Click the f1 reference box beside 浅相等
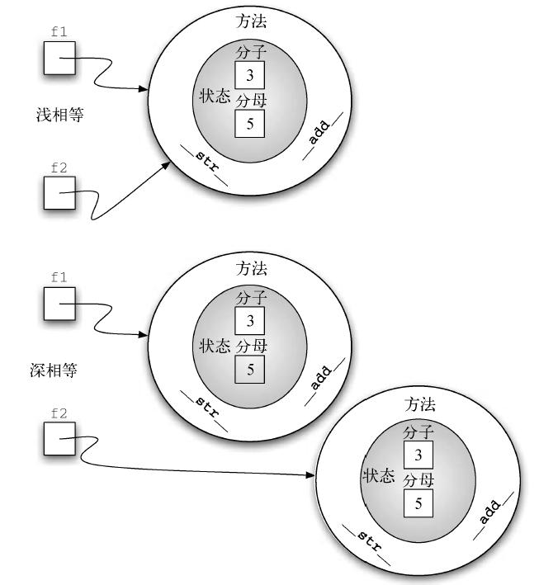59,59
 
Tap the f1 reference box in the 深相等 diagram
59,304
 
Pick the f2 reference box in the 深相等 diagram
59,437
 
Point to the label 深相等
54,370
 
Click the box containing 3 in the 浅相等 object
249,76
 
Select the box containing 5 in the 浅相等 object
249,124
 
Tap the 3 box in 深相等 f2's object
418,454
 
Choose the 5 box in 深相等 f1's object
250,369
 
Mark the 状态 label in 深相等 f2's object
379,476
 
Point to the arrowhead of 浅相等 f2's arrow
166,164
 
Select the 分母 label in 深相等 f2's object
418,480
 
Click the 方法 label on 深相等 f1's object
252,269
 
